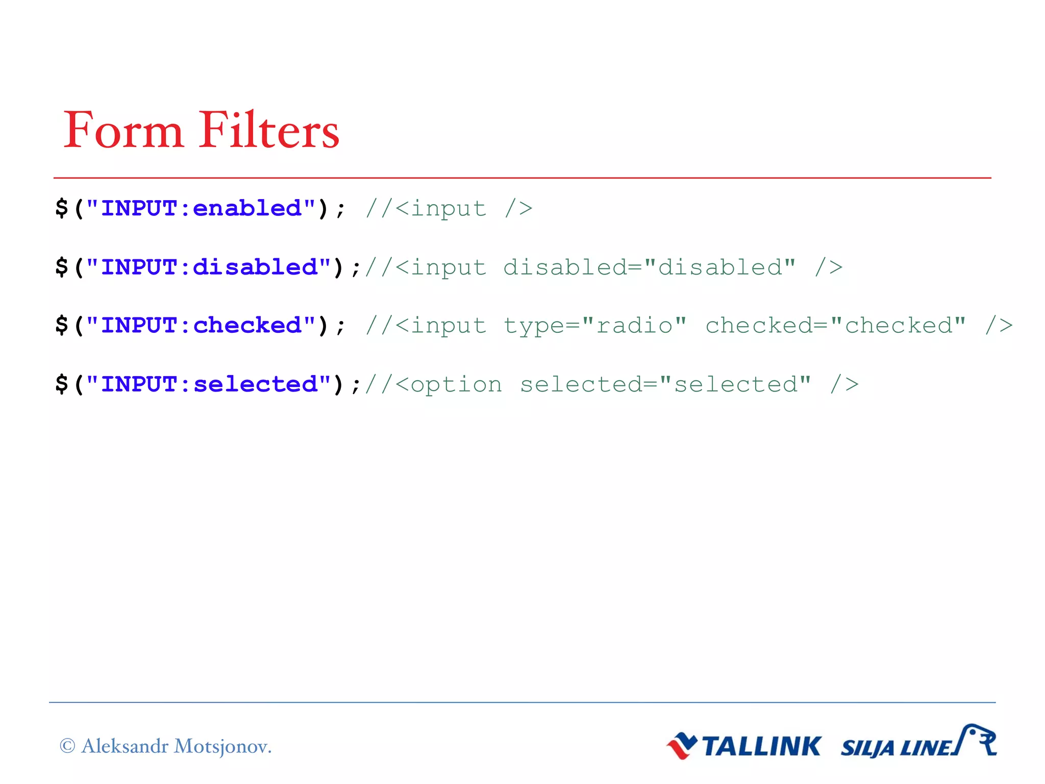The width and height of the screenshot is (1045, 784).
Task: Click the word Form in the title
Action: click(x=123, y=131)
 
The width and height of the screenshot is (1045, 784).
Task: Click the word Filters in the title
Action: click(x=269, y=131)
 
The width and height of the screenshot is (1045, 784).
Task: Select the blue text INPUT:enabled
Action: click(x=201, y=208)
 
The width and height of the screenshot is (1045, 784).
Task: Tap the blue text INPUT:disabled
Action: click(x=209, y=267)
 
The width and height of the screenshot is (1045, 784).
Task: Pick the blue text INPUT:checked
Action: click(x=201, y=326)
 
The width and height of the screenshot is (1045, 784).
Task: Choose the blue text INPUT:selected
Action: click(x=209, y=384)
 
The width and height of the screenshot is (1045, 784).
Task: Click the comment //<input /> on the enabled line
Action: click(x=449, y=208)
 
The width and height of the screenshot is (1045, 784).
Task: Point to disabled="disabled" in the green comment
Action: click(x=649, y=267)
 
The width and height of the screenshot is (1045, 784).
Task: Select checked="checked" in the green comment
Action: click(x=835, y=326)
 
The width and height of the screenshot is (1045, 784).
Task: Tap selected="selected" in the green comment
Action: click(x=665, y=384)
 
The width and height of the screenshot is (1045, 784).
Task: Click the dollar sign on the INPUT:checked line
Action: click(x=62, y=326)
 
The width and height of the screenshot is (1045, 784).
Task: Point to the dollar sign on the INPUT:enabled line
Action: click(x=62, y=208)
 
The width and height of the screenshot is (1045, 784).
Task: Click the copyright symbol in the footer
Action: click(x=67, y=746)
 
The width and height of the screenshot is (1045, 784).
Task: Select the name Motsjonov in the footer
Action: click(x=222, y=746)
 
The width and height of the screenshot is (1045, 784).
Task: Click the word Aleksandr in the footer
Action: click(x=125, y=746)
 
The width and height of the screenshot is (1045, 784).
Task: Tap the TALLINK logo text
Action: click(x=761, y=746)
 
